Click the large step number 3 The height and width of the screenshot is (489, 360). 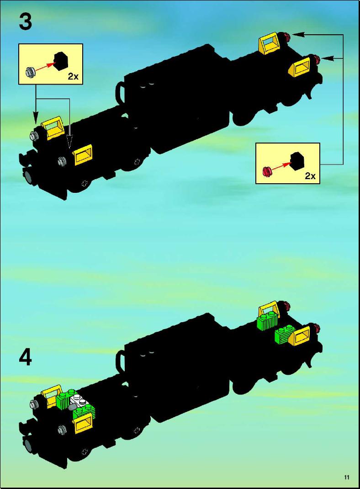(25, 22)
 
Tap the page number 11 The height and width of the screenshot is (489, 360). (347, 477)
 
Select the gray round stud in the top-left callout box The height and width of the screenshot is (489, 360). (31, 72)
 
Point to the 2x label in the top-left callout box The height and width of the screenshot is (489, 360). (73, 76)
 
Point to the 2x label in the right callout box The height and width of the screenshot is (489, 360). (310, 176)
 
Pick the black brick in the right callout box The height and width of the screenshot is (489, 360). (298, 161)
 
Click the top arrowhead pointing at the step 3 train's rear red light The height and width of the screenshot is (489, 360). (299, 34)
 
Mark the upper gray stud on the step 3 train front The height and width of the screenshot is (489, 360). (34, 136)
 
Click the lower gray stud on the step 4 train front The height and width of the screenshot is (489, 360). (62, 430)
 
